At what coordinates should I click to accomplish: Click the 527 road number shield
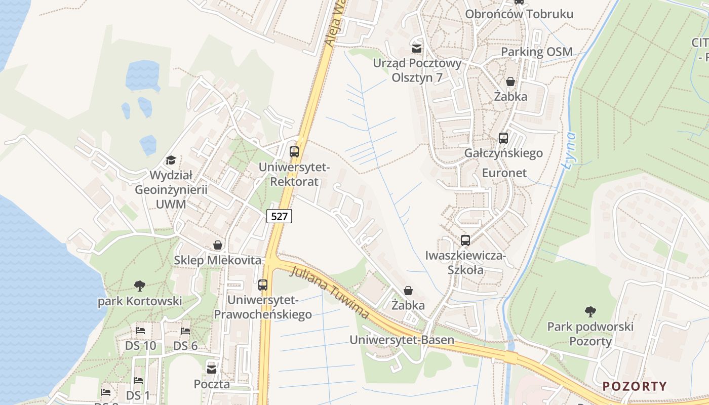tap(279, 216)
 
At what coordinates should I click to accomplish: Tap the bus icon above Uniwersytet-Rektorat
tap(294, 151)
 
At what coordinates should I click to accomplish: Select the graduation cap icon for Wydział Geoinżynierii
tap(171, 160)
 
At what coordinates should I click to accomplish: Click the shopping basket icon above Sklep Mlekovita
tap(218, 245)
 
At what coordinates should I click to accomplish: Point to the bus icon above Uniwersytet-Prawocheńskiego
tap(262, 285)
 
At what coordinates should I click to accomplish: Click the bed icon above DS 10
tap(140, 331)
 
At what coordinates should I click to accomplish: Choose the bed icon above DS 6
tap(185, 331)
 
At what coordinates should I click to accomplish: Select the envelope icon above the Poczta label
tap(212, 369)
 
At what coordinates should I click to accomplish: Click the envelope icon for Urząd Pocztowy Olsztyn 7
tap(417, 49)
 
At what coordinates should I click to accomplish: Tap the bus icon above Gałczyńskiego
tap(503, 138)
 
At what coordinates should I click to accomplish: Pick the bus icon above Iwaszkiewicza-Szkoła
tap(465, 240)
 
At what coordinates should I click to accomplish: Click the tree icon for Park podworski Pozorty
tap(590, 311)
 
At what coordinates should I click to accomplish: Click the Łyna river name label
tap(571, 150)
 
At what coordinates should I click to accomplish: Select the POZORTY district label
tap(635, 386)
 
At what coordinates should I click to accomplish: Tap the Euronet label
tap(504, 173)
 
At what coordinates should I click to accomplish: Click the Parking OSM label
tap(537, 52)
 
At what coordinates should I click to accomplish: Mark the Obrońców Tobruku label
tap(519, 14)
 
